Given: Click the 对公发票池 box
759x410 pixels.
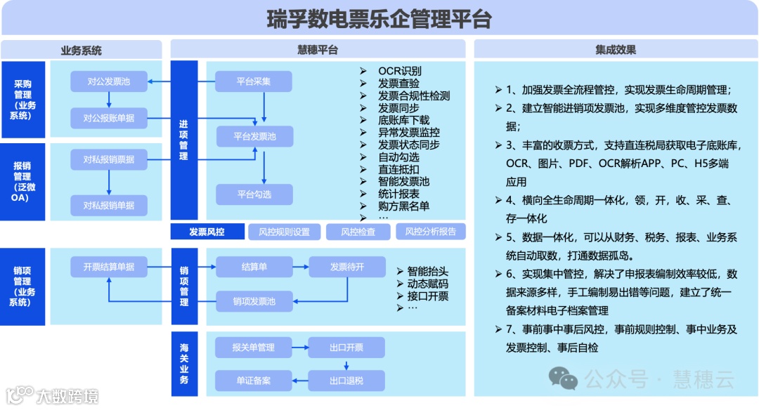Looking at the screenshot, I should click(109, 81).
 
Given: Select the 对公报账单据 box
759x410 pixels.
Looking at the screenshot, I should click(109, 118).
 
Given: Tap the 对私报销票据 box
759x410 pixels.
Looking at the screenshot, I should click(109, 159).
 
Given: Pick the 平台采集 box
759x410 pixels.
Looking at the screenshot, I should click(254, 81).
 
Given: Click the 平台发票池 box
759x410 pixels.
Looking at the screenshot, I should click(254, 136).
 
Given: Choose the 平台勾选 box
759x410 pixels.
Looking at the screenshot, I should click(254, 194).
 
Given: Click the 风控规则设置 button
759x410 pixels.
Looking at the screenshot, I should click(284, 232).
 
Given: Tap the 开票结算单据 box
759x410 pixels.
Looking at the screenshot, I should click(109, 267).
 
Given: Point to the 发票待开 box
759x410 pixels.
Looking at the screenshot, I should click(347, 267).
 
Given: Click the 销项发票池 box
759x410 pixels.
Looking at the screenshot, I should click(254, 302).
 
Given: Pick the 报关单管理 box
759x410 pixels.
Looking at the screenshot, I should click(254, 347).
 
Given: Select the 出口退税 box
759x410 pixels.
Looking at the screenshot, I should click(346, 381).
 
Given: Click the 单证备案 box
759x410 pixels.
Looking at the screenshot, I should click(254, 381).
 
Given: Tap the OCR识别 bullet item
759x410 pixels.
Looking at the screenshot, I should click(399, 71).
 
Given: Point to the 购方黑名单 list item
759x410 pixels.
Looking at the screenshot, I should click(403, 206).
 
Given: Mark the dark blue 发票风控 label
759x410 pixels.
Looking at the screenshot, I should click(207, 232).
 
